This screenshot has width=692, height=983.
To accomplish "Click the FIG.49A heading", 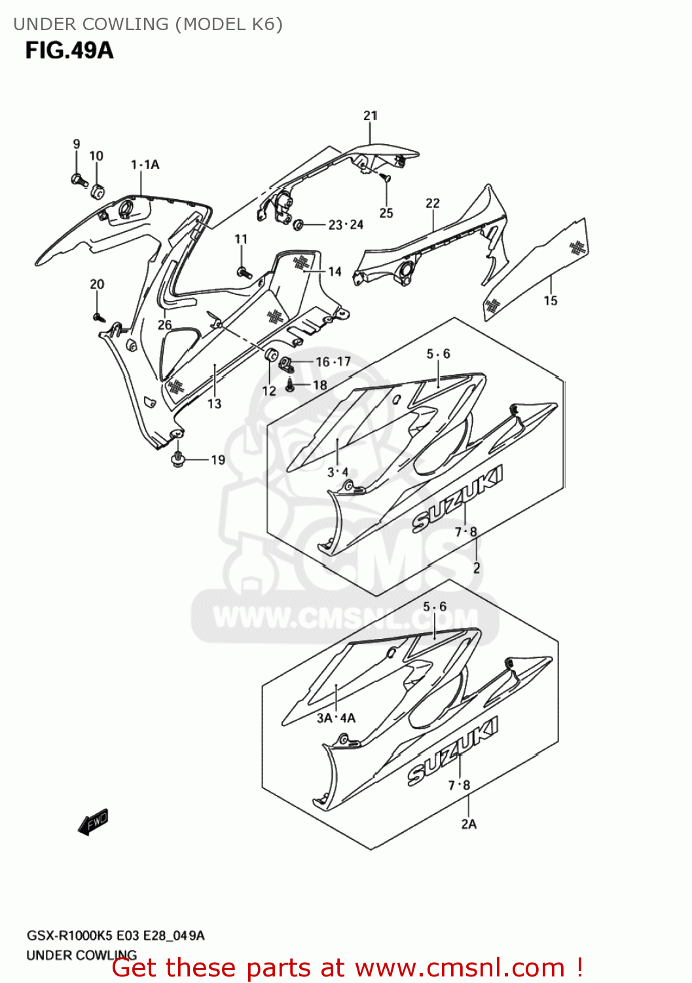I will (69, 50).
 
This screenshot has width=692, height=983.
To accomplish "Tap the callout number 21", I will (371, 115).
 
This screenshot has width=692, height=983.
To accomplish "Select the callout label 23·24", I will (346, 225).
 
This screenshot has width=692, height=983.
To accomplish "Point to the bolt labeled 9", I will (77, 179).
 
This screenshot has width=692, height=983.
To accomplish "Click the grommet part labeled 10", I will (97, 191).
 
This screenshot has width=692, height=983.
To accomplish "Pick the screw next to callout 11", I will (244, 271).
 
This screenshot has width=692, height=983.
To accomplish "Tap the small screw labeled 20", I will (98, 317).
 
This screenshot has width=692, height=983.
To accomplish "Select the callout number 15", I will (551, 300).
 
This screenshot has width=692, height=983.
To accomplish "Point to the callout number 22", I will (433, 203).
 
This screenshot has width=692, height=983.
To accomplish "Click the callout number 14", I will (335, 271).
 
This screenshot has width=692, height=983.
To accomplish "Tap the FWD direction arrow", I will (93, 822).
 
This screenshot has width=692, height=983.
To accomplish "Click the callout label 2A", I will (469, 824).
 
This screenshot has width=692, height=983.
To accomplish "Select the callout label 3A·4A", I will (336, 718).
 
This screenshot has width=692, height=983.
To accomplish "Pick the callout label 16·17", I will (333, 362).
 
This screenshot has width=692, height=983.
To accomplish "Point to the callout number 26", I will (164, 324).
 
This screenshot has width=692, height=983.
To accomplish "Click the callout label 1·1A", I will (145, 164).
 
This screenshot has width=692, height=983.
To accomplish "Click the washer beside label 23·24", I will (298, 225).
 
